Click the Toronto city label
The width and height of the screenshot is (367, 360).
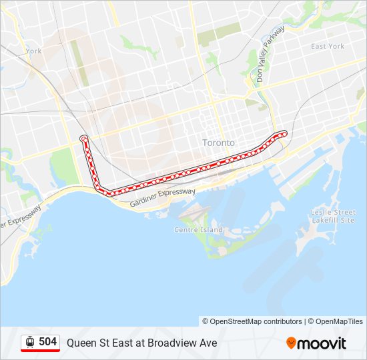218,143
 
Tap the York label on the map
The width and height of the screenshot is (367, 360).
33,51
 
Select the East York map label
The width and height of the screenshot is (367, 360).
328,46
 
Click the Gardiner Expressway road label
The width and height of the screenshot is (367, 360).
163,198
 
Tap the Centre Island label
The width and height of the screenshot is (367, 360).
198,230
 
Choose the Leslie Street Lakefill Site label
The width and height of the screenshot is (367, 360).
333,216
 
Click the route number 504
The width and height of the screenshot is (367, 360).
47,342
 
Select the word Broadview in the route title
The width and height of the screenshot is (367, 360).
164,343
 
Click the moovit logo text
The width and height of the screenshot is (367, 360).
322,343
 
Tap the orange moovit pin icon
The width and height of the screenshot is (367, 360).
291,343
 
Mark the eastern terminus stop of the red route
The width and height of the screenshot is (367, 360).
284,133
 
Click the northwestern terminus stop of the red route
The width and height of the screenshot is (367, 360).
83,138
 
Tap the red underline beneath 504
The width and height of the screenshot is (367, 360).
41,351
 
